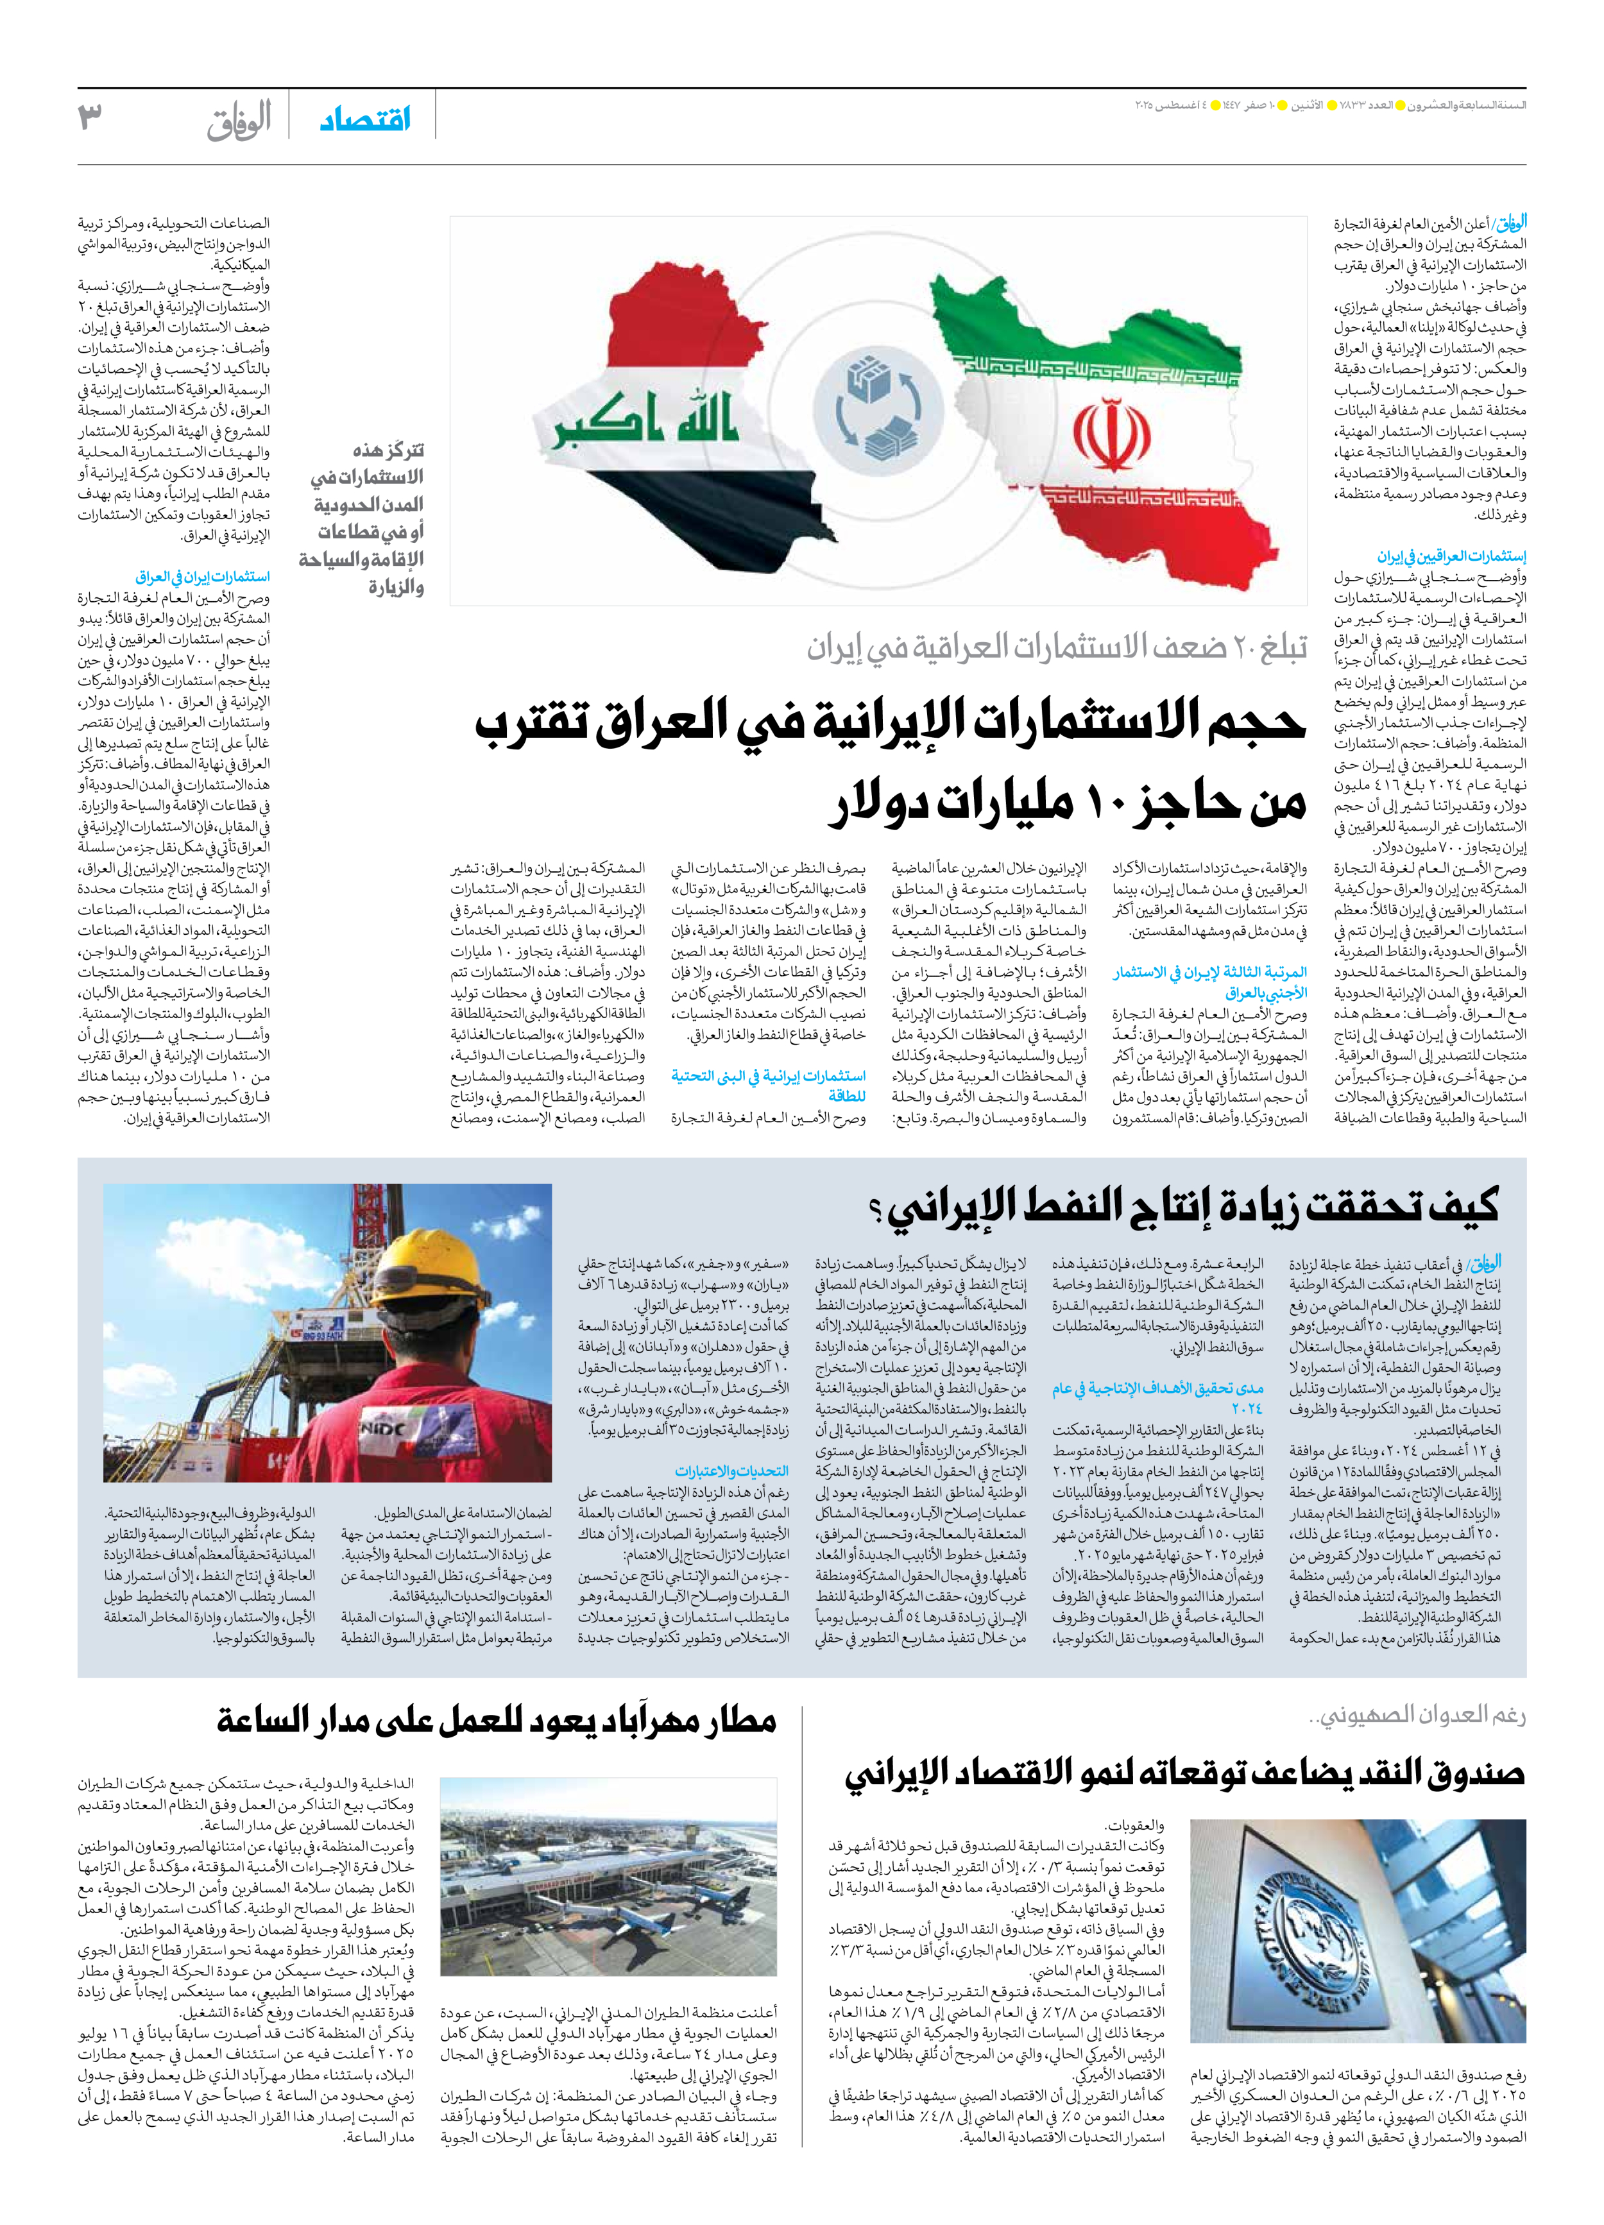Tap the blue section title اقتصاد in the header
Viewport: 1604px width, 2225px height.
(365, 120)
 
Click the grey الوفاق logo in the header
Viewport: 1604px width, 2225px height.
(239, 122)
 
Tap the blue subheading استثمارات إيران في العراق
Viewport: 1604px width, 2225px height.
(203, 576)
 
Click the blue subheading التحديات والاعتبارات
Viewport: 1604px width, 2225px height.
(731, 1471)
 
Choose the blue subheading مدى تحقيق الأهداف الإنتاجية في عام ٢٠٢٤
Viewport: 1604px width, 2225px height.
(1157, 1398)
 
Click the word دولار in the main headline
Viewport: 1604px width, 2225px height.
(887, 805)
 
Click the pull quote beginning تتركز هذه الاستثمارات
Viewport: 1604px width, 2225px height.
(363, 519)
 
